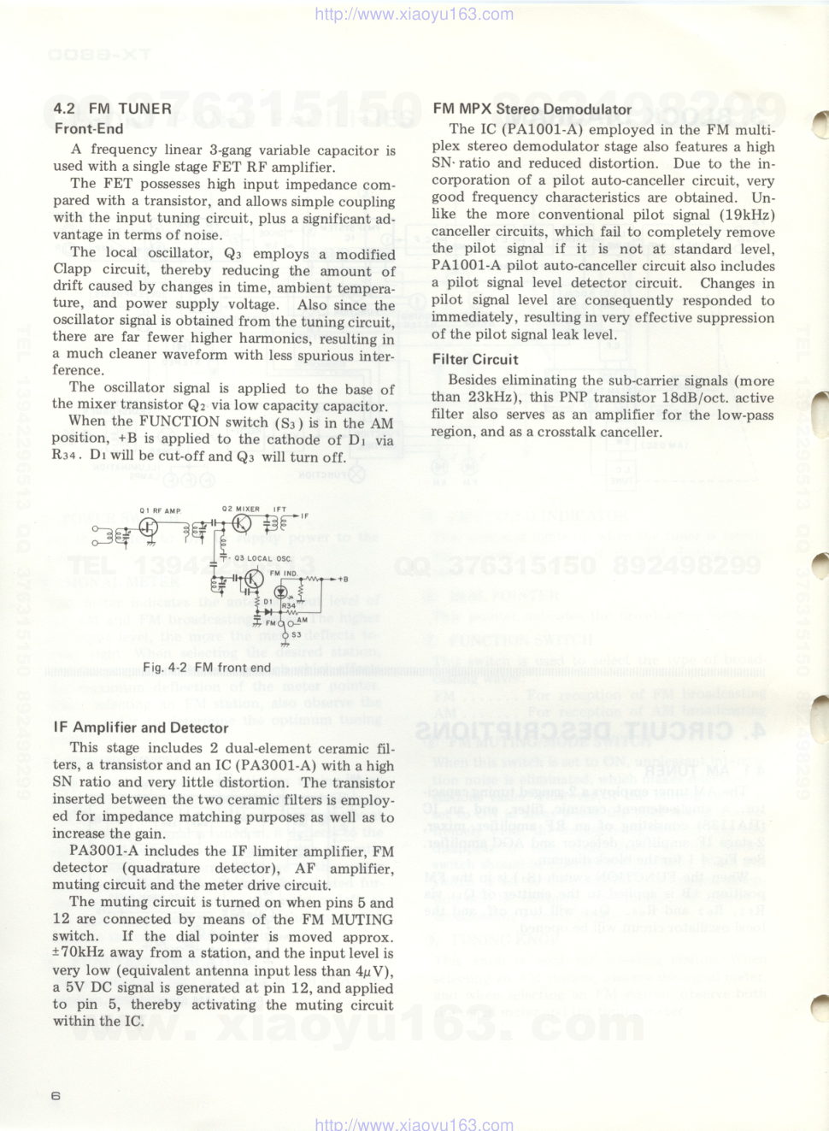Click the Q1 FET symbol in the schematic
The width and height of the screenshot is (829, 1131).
(x=149, y=527)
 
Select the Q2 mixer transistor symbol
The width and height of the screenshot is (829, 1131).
(x=242, y=524)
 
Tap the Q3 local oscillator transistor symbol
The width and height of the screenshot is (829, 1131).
(x=254, y=580)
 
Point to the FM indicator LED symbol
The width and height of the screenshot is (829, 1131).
(x=280, y=592)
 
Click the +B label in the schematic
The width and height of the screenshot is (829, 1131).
(x=342, y=579)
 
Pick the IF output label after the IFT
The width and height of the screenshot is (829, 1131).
(x=305, y=516)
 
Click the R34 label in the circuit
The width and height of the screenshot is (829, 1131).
(x=289, y=605)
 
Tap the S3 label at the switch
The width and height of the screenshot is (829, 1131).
(x=296, y=634)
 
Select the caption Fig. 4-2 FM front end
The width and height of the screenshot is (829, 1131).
(x=206, y=668)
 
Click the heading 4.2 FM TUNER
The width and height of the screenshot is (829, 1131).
(x=112, y=109)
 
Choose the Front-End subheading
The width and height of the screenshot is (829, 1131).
(x=89, y=128)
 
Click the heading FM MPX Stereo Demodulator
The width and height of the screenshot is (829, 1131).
(x=532, y=109)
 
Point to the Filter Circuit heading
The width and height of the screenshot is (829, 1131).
(x=475, y=359)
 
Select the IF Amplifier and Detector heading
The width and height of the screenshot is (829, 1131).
(x=141, y=727)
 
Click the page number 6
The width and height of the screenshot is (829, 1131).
(x=56, y=1096)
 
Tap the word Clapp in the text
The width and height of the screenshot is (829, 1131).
(x=72, y=270)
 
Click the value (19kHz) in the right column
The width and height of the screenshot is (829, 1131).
(x=745, y=215)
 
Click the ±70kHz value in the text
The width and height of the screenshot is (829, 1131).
(x=79, y=953)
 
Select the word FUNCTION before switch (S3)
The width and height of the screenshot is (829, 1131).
(x=179, y=421)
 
